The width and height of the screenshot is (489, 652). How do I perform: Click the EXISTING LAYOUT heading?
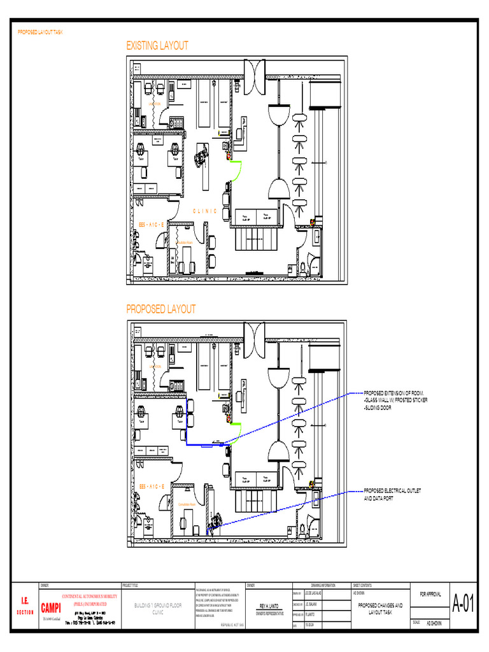157,46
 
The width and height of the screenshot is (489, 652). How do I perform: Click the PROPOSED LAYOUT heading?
160,309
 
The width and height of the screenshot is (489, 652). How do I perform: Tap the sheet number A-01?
464,605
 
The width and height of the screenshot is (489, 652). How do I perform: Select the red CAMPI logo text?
51,607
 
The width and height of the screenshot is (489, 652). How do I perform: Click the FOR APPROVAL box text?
430,594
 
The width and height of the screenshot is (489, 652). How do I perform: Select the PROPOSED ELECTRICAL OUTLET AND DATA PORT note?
392,495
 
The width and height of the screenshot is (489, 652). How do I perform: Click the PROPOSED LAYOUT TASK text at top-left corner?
39,32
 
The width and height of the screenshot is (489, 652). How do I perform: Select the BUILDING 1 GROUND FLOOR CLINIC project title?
157,608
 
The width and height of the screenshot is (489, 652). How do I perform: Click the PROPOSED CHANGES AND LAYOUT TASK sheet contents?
379,608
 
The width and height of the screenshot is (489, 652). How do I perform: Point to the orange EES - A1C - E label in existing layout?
152,225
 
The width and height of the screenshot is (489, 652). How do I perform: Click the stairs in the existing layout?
255,241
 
